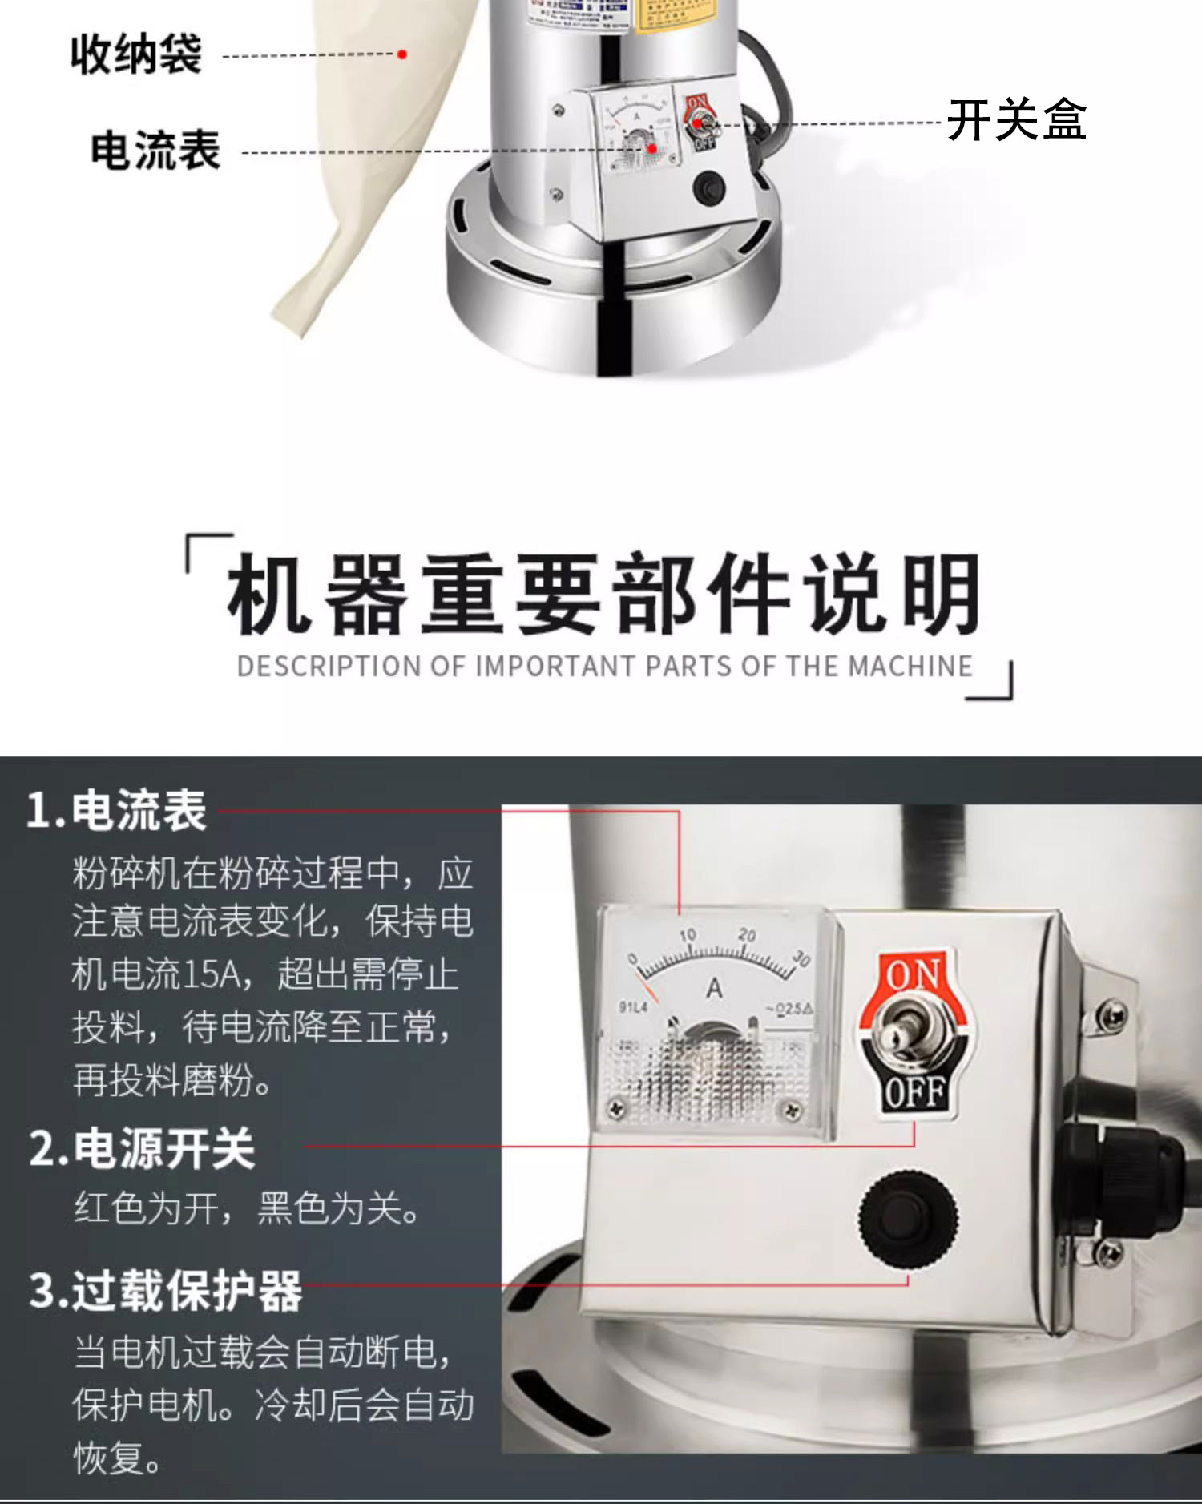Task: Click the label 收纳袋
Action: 135,54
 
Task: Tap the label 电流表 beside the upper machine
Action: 155,151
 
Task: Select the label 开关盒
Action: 1016,120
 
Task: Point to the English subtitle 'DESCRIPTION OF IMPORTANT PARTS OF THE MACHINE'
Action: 604,667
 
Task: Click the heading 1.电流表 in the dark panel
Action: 117,810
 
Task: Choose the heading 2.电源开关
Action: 142,1148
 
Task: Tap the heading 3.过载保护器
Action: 165,1291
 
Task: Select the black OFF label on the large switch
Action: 914,1092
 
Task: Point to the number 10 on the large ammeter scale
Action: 688,935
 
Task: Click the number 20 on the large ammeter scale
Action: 747,934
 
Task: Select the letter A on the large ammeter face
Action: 714,988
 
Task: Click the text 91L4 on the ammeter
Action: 633,1006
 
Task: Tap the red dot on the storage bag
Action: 403,54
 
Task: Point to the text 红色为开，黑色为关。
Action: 248,1208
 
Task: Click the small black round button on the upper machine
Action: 708,189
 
